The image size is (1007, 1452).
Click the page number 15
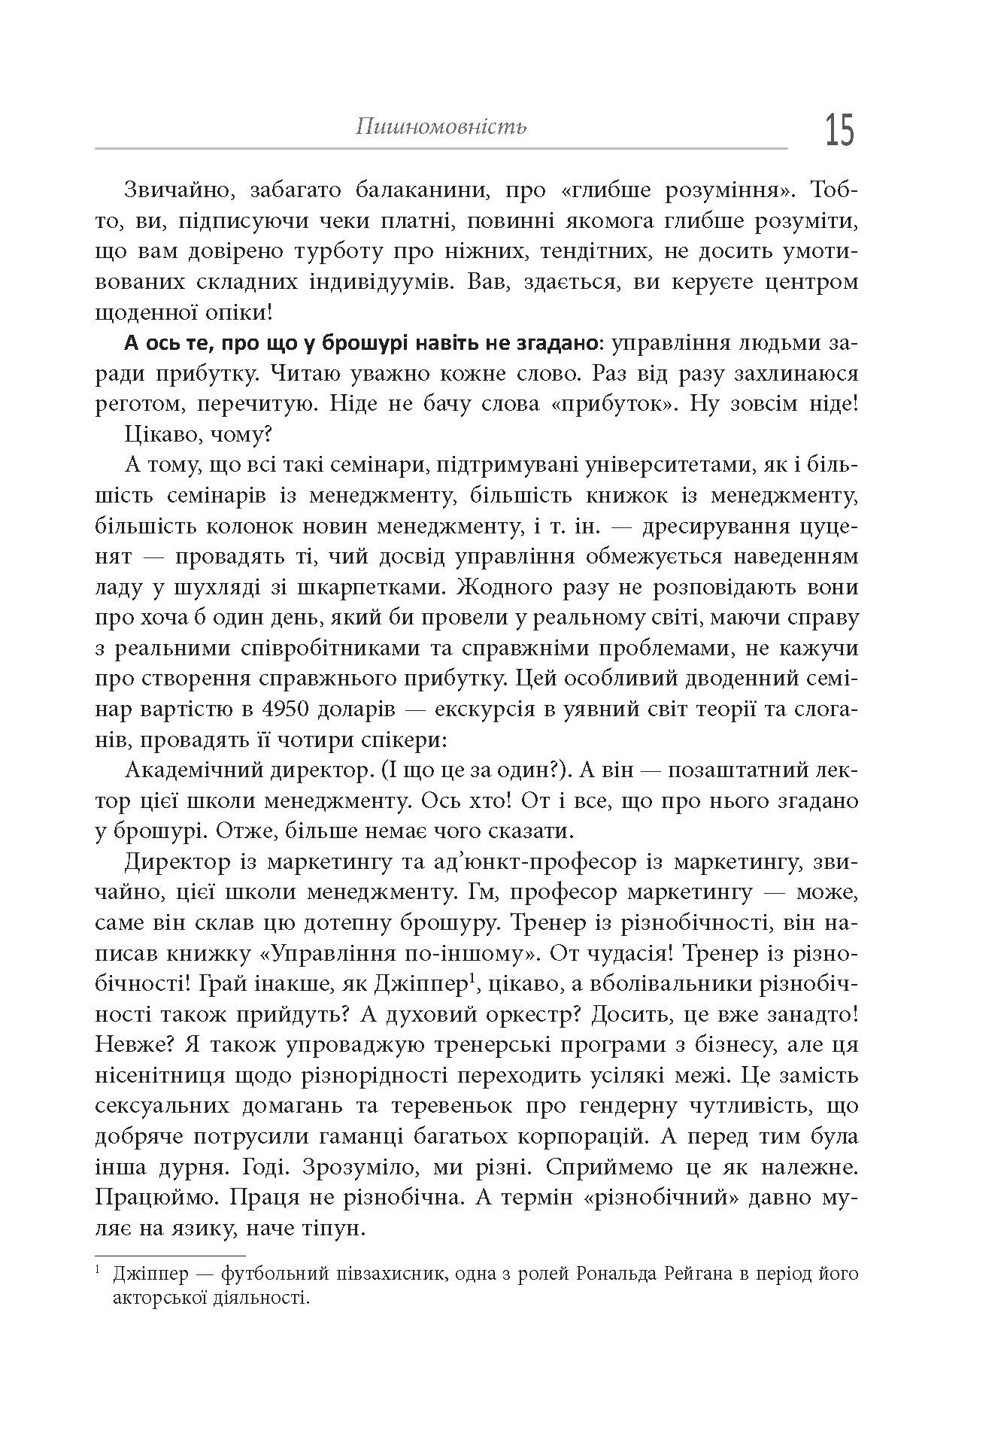(x=839, y=130)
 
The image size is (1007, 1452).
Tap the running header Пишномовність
(x=441, y=126)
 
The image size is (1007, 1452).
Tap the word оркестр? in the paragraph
(x=526, y=1015)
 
